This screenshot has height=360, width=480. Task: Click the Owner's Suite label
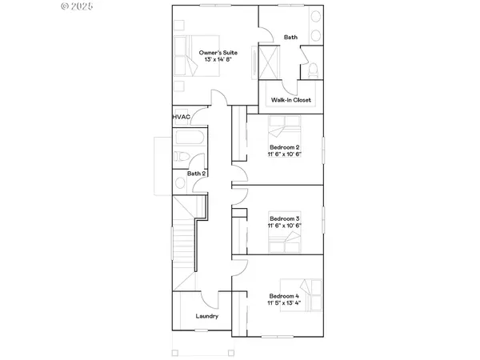(x=218, y=53)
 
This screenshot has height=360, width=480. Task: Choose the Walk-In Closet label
(x=290, y=100)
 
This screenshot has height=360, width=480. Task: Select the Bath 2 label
(x=197, y=174)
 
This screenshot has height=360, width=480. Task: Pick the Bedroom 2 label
(x=284, y=147)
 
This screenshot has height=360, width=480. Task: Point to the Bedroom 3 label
(x=284, y=218)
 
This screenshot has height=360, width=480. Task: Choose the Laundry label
(x=208, y=316)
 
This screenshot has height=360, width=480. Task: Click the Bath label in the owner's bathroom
(x=290, y=37)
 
